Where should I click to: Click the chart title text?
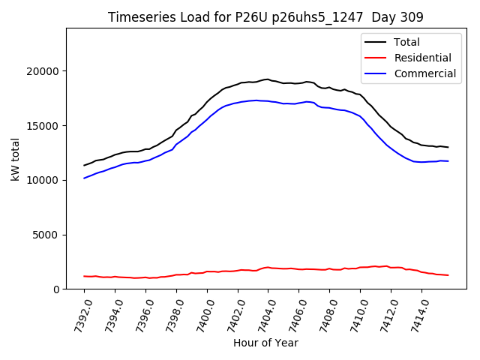[265, 17]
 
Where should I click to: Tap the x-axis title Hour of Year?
[265, 343]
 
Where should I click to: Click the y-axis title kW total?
[15, 159]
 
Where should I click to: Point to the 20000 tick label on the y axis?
[43, 71]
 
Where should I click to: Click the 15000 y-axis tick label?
[43, 126]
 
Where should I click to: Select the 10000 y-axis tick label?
[43, 180]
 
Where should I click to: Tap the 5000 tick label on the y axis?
[46, 235]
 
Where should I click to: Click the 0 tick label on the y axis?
[56, 289]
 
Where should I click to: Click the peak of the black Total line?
[268, 79]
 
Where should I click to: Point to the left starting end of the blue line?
[84, 178]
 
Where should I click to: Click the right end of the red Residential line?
[448, 275]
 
